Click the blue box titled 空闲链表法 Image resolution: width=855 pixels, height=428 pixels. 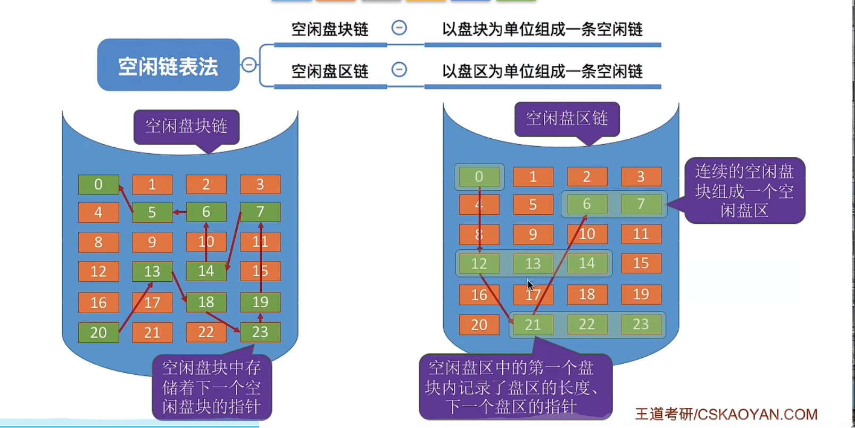point(168,65)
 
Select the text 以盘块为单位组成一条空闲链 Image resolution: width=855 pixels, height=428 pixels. point(542,29)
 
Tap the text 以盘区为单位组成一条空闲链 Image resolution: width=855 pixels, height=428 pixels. point(542,71)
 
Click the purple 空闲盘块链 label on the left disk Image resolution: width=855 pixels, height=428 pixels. point(186,126)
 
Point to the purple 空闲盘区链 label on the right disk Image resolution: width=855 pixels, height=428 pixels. point(567,118)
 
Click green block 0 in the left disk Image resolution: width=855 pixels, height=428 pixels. point(98,184)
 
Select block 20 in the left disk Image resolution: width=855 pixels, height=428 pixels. point(98,332)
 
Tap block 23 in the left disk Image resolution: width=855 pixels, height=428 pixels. point(260,332)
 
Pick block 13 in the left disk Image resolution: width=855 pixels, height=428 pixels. point(152,272)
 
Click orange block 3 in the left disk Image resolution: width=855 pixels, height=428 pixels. point(260,184)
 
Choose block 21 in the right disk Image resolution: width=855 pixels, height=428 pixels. point(533,324)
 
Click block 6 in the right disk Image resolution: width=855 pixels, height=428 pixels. point(587,204)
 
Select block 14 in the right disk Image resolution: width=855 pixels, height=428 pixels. point(587,263)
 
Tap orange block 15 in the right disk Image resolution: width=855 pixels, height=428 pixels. point(641,263)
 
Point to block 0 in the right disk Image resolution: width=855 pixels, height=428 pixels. point(479,177)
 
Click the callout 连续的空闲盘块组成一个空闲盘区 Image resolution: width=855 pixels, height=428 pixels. point(744,190)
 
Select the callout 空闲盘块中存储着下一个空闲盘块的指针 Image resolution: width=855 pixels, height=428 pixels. point(212,387)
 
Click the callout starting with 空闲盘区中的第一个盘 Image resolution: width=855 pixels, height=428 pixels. point(515,387)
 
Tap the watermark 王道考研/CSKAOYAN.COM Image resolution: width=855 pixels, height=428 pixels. point(726,414)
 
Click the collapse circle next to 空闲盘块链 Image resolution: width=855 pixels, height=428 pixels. point(399,28)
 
